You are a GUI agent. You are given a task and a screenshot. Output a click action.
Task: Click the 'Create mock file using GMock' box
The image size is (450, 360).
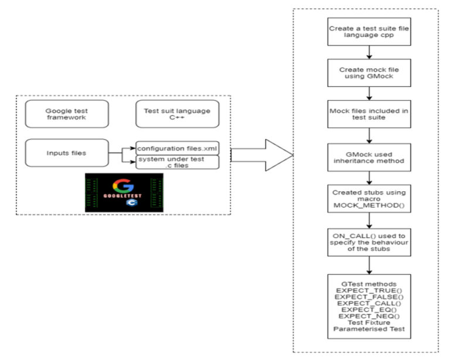click(x=366, y=73)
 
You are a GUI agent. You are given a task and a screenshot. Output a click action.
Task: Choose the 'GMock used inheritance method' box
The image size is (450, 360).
click(x=366, y=157)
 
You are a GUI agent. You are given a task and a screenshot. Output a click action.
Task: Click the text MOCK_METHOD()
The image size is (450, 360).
click(x=366, y=206)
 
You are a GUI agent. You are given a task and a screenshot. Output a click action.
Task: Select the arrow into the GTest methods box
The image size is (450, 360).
click(x=366, y=266)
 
